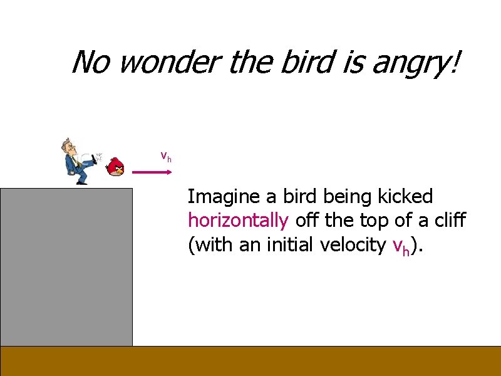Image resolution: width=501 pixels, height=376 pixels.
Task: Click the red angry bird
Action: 116,167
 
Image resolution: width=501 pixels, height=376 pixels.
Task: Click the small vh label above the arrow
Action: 166,156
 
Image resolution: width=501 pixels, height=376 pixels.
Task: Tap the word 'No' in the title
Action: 90,62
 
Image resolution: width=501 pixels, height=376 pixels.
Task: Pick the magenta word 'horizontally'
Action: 238,221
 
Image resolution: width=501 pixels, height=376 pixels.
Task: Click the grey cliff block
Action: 66,266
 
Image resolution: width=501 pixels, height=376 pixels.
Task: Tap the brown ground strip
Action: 250,361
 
